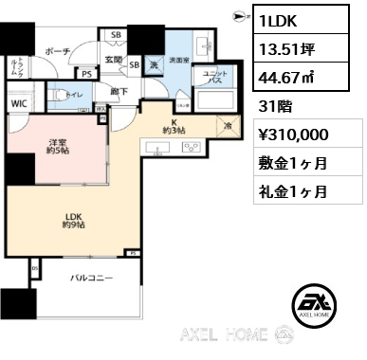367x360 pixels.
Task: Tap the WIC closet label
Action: pyautogui.click(x=20, y=101)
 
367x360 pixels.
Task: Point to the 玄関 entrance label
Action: pyautogui.click(x=114, y=61)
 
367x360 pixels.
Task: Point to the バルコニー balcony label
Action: pyautogui.click(x=91, y=279)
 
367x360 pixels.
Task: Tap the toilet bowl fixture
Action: pyautogui.click(x=55, y=95)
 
